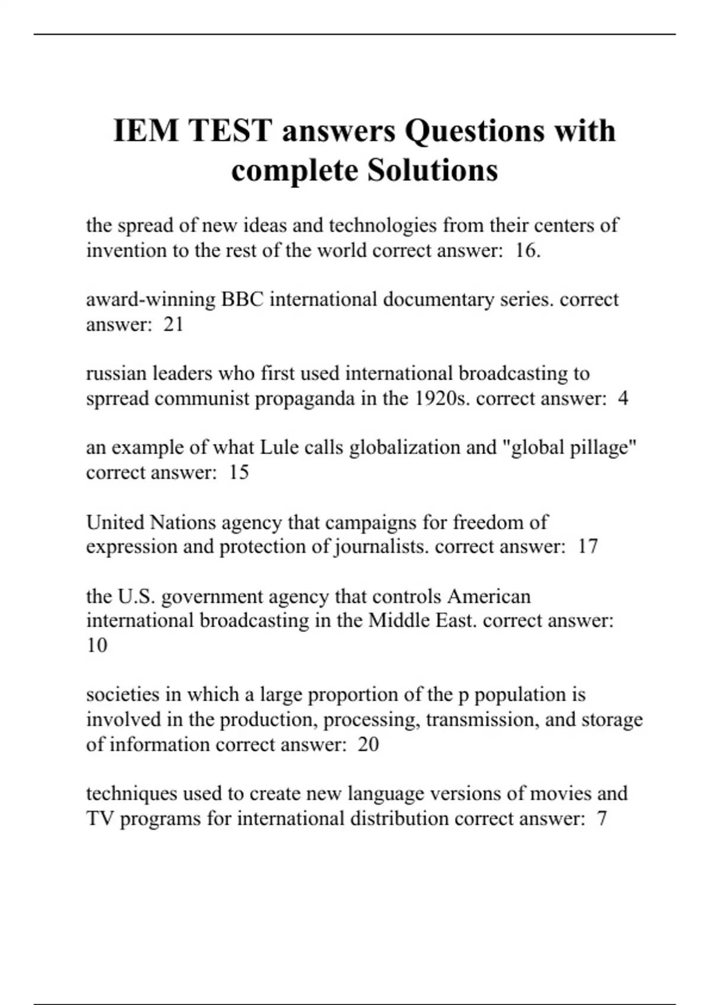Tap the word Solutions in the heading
(433, 170)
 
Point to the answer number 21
(173, 324)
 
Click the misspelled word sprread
(117, 398)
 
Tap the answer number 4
(622, 398)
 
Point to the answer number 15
(238, 472)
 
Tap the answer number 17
(588, 546)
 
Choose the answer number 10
(96, 645)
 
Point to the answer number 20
(368, 744)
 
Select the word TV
(100, 818)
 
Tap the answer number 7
(602, 818)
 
